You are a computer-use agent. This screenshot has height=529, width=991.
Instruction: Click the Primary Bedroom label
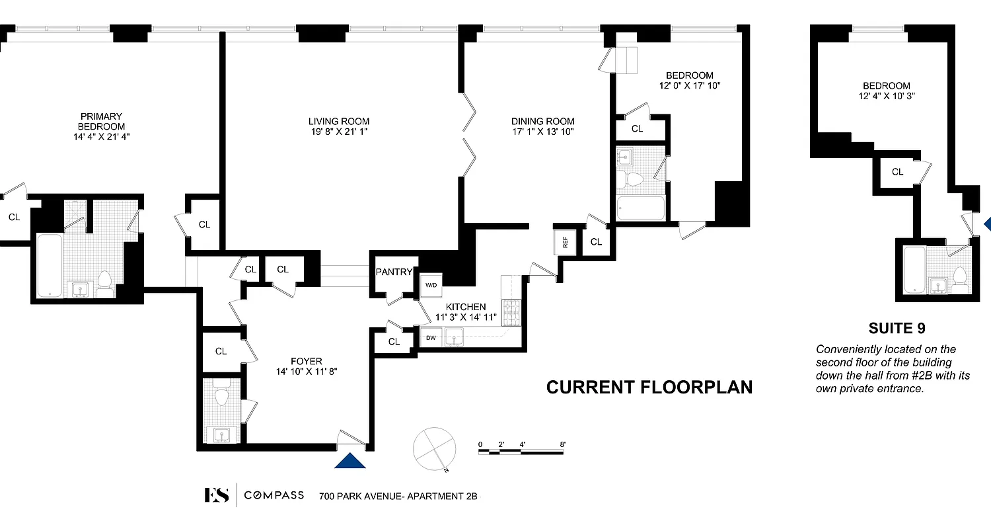101,121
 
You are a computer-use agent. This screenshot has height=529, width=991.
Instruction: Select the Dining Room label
542,121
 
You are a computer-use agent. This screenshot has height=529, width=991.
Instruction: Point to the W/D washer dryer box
431,286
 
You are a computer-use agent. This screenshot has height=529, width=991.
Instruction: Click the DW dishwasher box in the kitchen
431,338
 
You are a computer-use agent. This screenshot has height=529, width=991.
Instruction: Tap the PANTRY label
394,272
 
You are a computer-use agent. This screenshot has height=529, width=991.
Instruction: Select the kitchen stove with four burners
513,313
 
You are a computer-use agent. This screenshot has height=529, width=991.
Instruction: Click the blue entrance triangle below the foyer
350,460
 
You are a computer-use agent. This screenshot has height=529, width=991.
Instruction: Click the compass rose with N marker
434,448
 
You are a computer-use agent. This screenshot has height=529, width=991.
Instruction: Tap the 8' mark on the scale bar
562,444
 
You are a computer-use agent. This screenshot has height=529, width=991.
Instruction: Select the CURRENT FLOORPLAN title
649,387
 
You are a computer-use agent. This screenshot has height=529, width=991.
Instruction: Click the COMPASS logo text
274,495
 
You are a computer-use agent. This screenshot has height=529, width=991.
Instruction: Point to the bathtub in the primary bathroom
50,264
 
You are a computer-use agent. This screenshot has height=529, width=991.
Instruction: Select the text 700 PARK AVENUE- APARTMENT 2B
398,496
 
